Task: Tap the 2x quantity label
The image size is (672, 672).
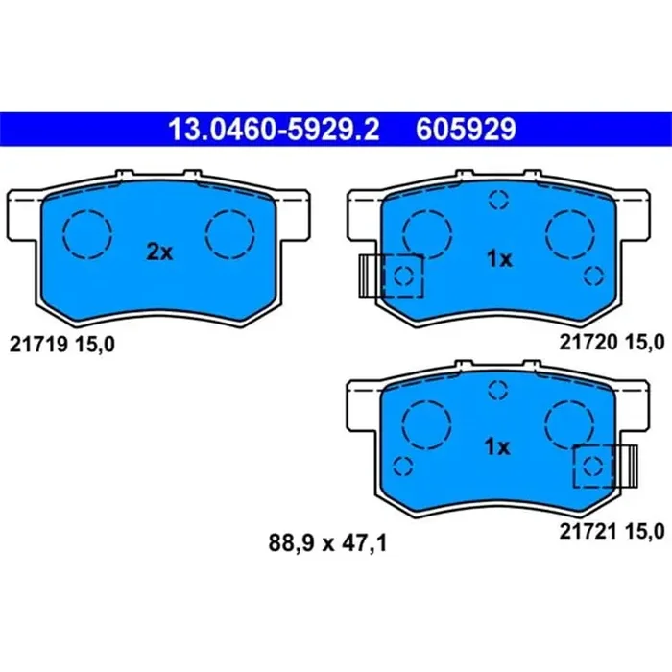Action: (x=158, y=252)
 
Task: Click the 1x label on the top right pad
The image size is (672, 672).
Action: (x=498, y=258)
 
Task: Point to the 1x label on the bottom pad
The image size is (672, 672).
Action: (x=498, y=446)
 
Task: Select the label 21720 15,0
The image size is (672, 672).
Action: (x=612, y=343)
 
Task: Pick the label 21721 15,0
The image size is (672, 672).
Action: (x=612, y=530)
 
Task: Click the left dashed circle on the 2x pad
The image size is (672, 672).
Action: (x=87, y=233)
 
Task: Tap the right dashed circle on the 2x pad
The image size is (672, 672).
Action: (x=231, y=233)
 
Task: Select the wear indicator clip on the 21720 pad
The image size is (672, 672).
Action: (x=371, y=276)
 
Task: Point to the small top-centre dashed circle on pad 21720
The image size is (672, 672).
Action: (x=497, y=200)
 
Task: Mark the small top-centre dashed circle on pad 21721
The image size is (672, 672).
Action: (x=497, y=388)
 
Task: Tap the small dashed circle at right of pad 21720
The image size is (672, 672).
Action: (x=591, y=276)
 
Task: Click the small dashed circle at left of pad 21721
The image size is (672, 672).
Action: (x=404, y=465)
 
